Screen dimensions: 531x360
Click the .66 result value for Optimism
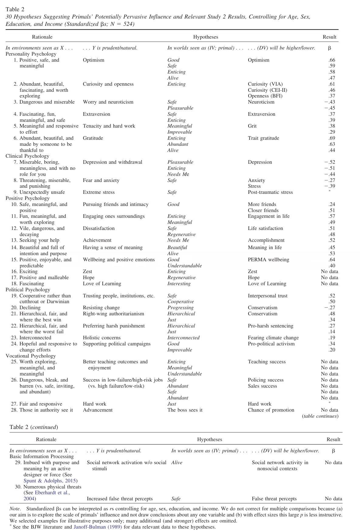pos(332,60)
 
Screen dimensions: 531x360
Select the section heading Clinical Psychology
pos(27,156)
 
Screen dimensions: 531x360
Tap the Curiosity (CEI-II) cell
pos(267,90)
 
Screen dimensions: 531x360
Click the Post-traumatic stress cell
pos(270,192)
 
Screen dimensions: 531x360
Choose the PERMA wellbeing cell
pos(268,260)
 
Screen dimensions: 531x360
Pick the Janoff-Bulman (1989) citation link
pos(98,527)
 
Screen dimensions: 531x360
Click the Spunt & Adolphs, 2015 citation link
pos(50,481)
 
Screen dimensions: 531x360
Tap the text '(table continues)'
pos(320,416)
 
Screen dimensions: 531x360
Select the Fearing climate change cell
pos(273,338)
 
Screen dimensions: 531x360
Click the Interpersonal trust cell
pos(267,296)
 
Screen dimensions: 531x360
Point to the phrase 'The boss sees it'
pos(185,410)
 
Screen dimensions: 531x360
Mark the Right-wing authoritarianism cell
pos(113,314)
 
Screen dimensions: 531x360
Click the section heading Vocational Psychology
pos(31,356)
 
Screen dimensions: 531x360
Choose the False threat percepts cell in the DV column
pos(274,499)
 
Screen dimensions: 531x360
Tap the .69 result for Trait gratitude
pos(332,138)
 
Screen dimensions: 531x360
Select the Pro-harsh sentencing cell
pos(270,326)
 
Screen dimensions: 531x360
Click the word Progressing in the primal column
pos(180,308)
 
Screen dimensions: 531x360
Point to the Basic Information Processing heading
pos(42,457)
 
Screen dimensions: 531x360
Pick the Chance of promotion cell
pos(271,410)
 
